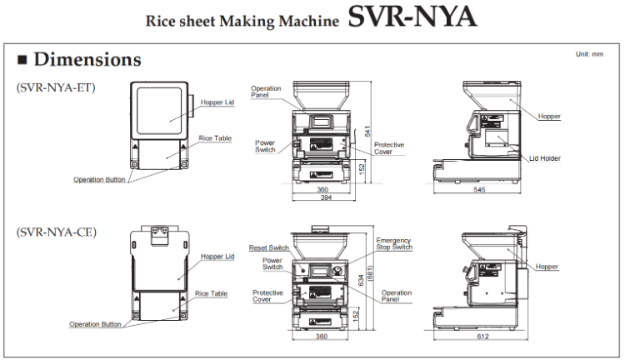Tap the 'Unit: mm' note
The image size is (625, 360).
coord(588,54)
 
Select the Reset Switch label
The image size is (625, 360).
coord(268,247)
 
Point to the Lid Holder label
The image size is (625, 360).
coord(544,157)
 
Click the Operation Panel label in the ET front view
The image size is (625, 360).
coord(266,91)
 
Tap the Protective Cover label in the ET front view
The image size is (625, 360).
coord(389,147)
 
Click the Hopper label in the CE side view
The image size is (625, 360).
coord(547,267)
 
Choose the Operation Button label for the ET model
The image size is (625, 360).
coord(99,179)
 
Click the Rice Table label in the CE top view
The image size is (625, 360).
coord(211,293)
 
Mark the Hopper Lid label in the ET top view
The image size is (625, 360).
coord(217,102)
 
